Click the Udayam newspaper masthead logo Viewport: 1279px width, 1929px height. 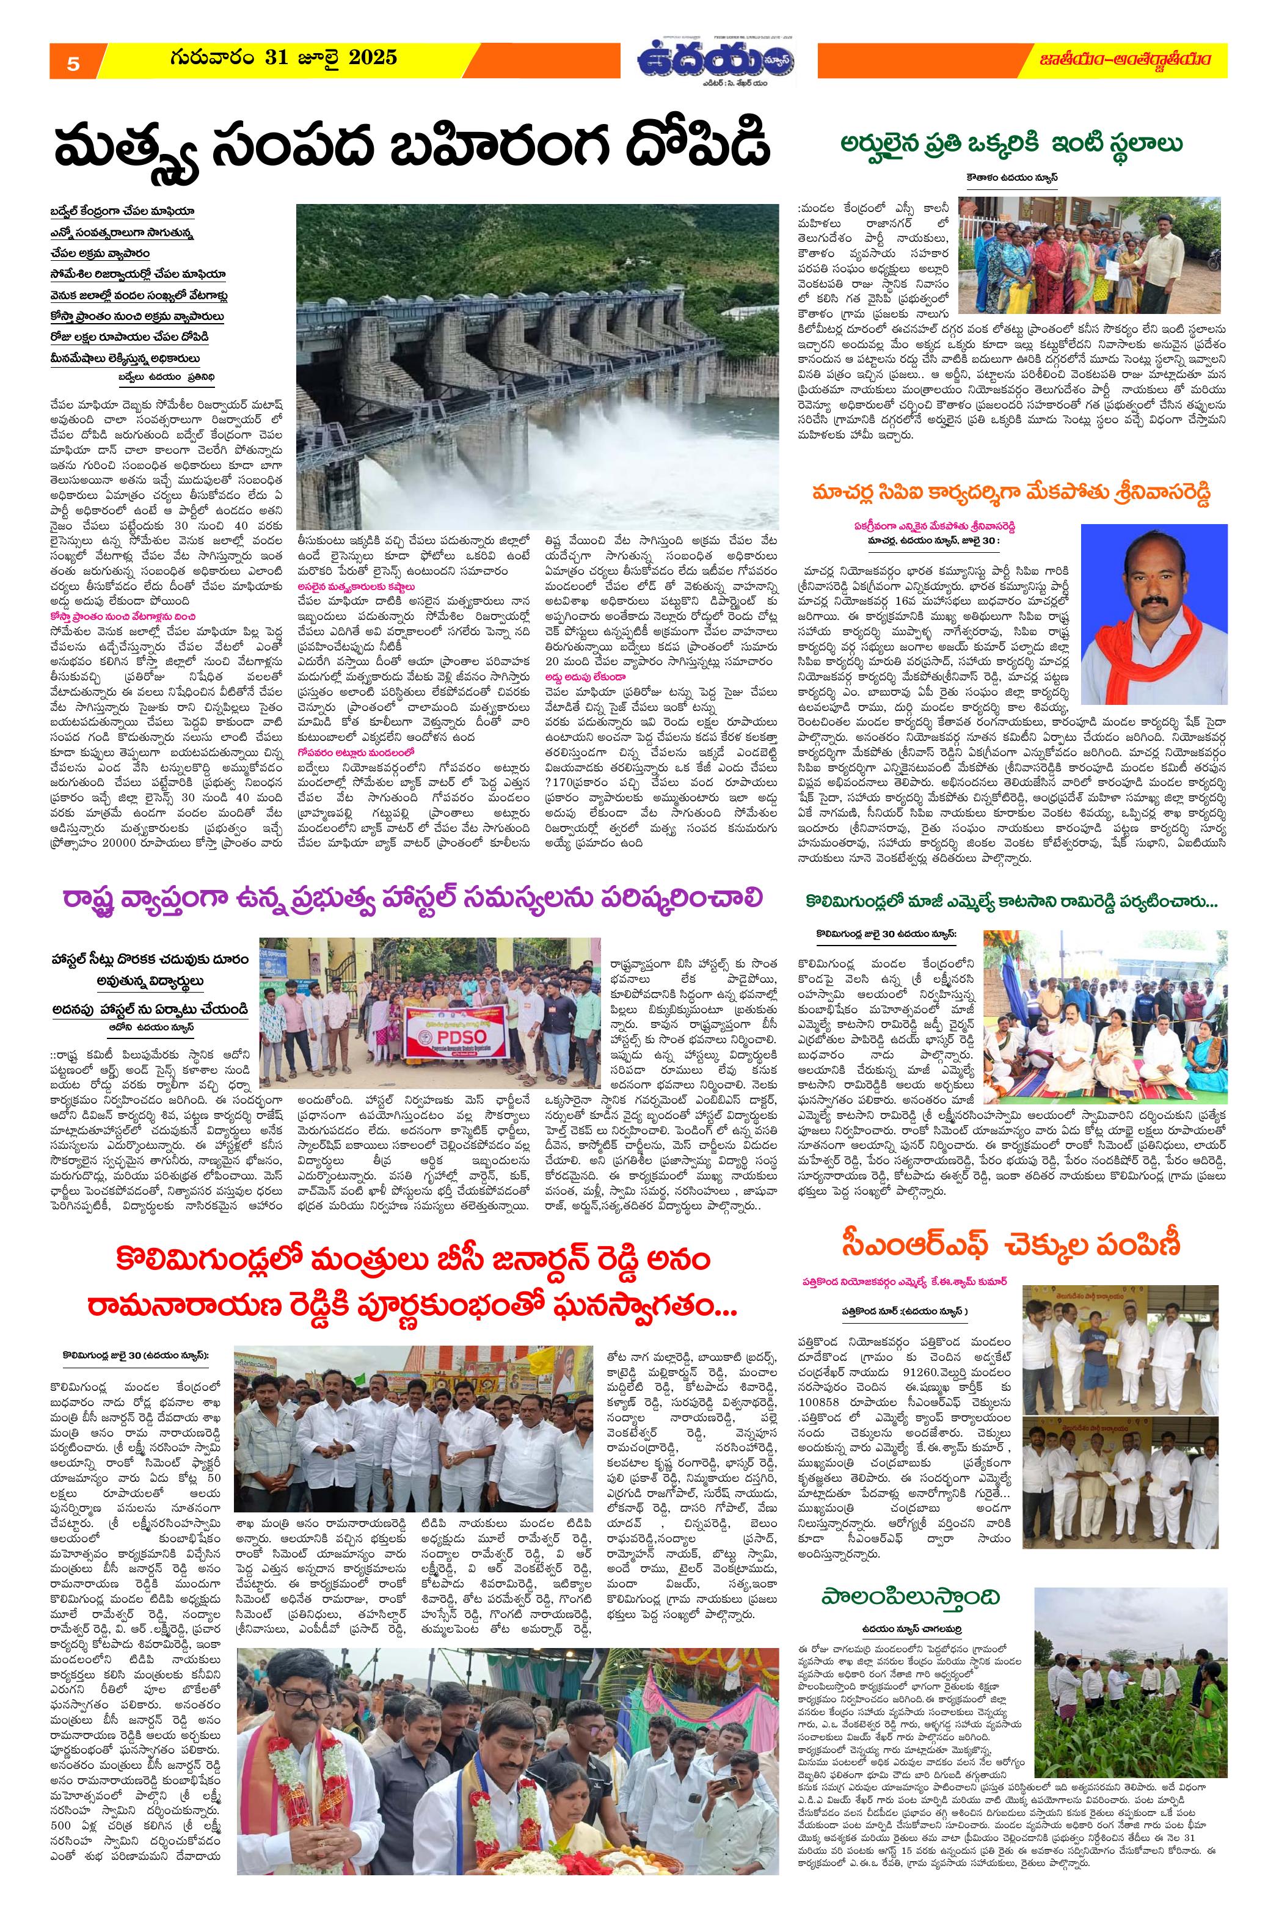click(x=718, y=60)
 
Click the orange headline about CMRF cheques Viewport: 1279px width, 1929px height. click(x=1011, y=1245)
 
